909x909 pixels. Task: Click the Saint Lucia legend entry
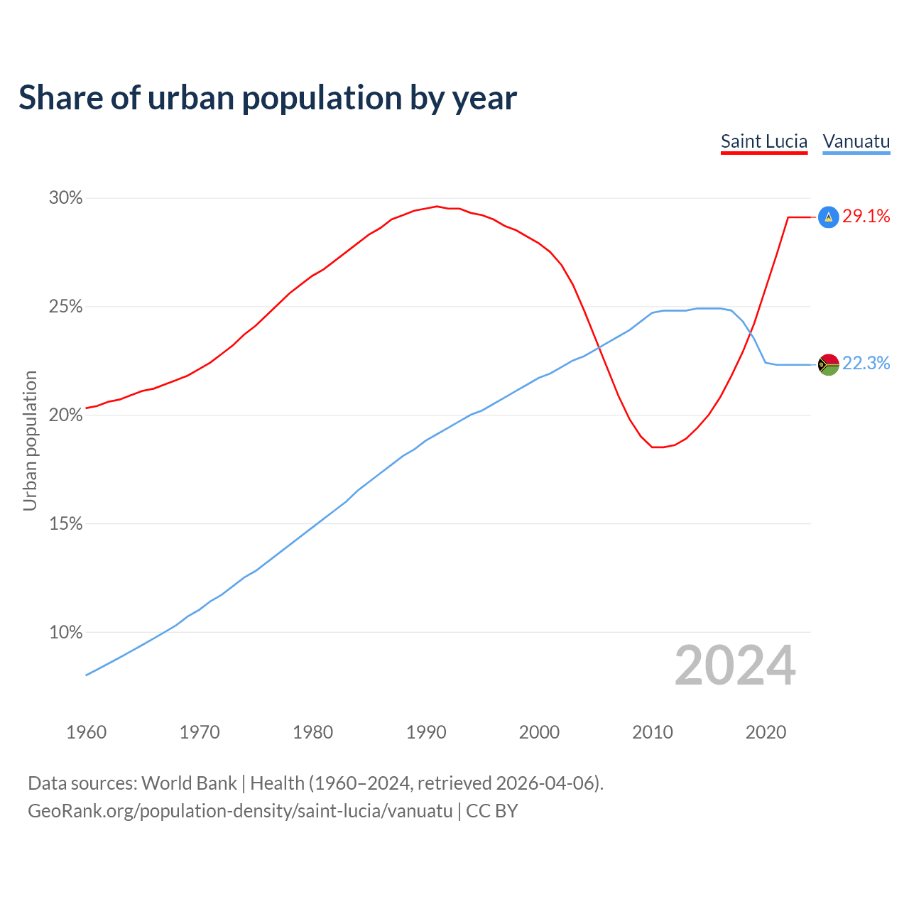pos(764,141)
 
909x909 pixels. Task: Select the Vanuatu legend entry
pos(856,141)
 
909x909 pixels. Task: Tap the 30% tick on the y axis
pos(65,198)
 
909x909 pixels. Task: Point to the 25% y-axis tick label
pos(65,307)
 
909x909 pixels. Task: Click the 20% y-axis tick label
pos(65,415)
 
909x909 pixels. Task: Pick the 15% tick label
pos(65,524)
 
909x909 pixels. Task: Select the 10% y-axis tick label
pos(65,632)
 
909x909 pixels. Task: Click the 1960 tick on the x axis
pos(86,732)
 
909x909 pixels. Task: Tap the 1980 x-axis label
pos(312,732)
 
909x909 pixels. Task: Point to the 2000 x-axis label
pos(539,732)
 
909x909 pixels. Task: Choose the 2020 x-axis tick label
pos(766,732)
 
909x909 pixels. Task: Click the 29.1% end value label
pos(866,217)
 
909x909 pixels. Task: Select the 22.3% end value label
pos(866,364)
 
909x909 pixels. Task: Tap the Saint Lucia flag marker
pos(828,217)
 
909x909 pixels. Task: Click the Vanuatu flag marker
pos(828,364)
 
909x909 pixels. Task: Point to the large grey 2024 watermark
pos(735,665)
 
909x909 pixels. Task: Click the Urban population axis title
pos(30,440)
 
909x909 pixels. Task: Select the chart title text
pos(268,97)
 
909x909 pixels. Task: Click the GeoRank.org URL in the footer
pos(240,811)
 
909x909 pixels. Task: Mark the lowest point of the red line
pos(658,447)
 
